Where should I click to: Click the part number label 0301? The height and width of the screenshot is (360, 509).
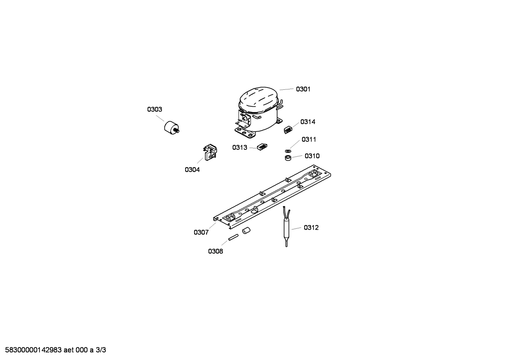303,89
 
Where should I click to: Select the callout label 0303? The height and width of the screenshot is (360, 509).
155,110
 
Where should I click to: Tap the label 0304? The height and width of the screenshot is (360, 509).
192,170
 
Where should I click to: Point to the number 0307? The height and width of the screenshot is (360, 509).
201,232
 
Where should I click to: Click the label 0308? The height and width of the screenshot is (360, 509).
215,251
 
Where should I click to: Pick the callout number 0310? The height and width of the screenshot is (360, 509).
312,156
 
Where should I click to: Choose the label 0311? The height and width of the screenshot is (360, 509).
309,140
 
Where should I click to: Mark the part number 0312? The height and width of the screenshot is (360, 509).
311,228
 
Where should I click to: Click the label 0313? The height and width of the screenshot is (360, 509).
240,148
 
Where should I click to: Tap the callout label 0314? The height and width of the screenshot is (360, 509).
308,122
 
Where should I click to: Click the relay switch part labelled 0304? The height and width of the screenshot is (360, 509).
210,152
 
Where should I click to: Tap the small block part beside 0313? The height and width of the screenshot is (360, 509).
262,147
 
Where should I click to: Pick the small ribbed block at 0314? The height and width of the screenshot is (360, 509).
288,130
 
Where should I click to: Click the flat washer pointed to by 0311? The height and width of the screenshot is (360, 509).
288,151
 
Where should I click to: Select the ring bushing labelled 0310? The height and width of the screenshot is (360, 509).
288,158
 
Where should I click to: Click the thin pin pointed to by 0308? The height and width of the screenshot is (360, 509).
233,237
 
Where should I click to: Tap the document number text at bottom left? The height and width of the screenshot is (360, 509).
56,350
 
